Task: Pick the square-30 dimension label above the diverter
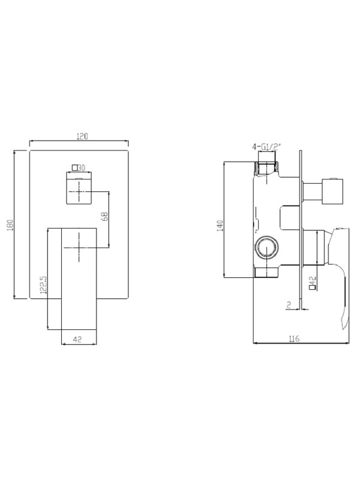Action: pos(79,168)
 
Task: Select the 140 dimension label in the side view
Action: pos(220,226)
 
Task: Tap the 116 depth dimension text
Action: pos(294,339)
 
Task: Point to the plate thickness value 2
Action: pos(289,305)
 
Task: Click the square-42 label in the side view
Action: pos(313,282)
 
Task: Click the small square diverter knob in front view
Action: pos(79,190)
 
